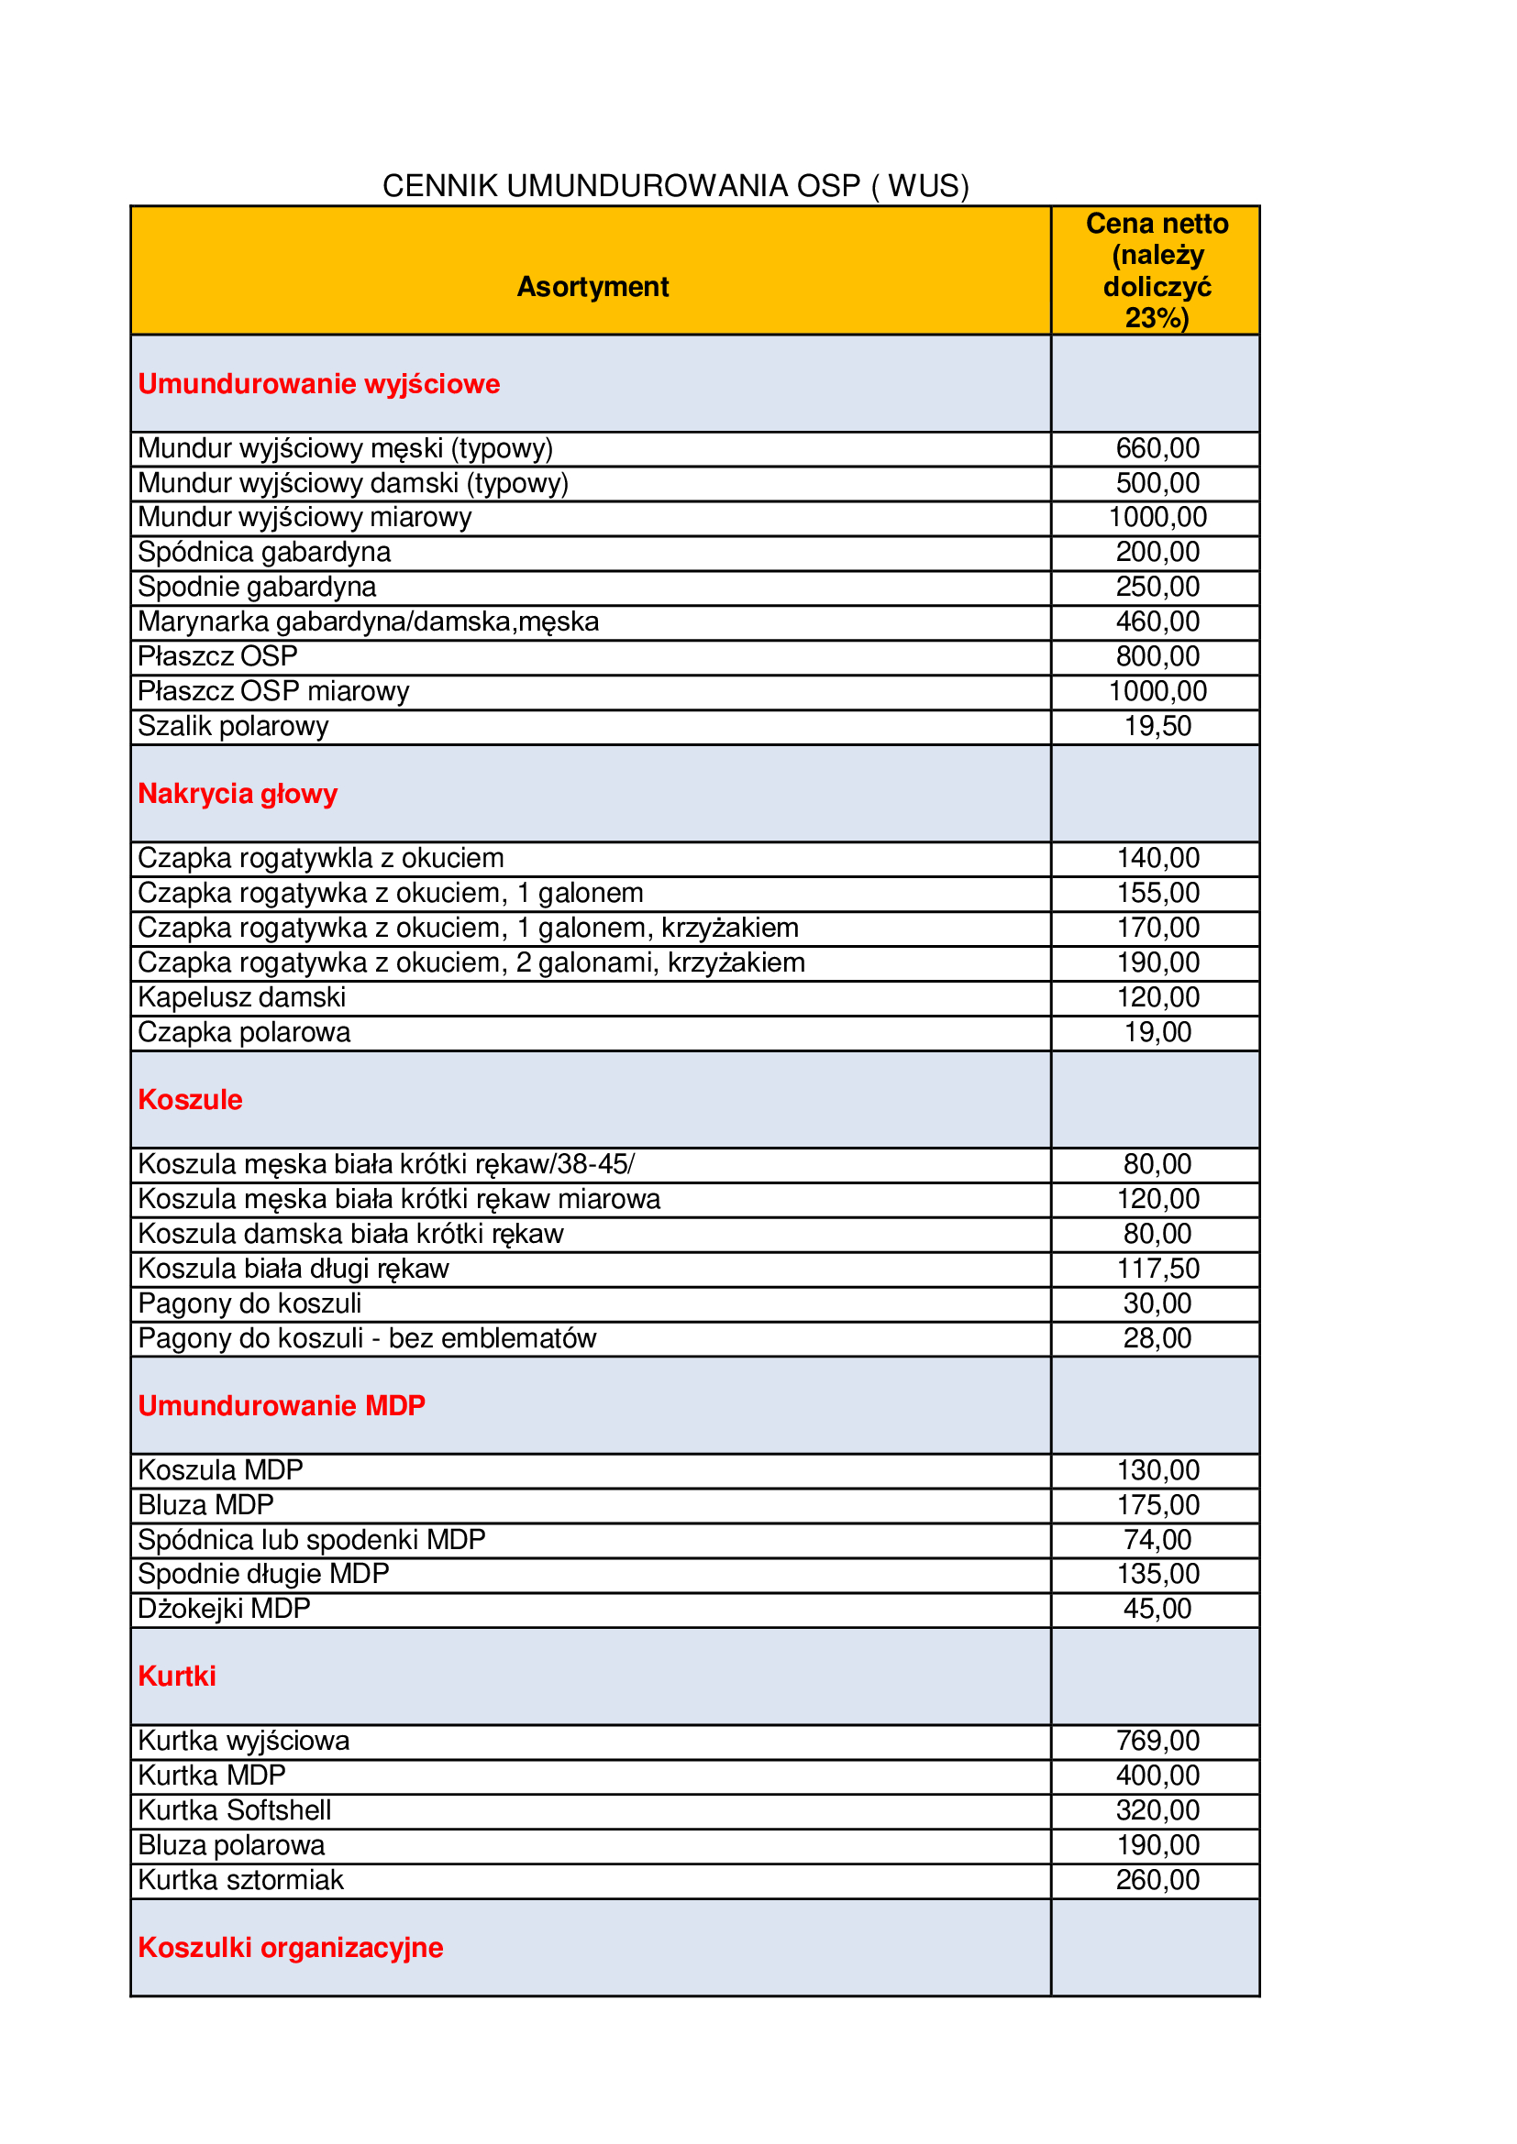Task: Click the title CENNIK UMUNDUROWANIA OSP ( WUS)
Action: pos(675,186)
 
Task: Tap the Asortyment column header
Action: pos(592,287)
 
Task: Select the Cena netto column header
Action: pos(1157,270)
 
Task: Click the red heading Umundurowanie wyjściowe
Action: pos(318,384)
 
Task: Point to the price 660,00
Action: pos(1157,448)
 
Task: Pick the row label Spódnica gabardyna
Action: pos(264,552)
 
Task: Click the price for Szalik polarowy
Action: pos(1157,726)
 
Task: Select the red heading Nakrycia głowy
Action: pos(238,794)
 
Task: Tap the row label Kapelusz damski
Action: pos(242,997)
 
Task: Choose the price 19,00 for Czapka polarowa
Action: pos(1157,1032)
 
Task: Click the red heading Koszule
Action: pos(190,1100)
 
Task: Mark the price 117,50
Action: pos(1157,1268)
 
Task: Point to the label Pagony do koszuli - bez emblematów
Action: pos(367,1338)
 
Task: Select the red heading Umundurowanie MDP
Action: pos(282,1405)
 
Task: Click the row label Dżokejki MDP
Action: pos(224,1608)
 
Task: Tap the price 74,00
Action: pos(1157,1539)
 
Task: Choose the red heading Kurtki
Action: pos(176,1677)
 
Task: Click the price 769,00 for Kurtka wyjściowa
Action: pos(1157,1741)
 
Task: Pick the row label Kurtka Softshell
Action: pos(235,1809)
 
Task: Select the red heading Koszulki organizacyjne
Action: pos(291,1947)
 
